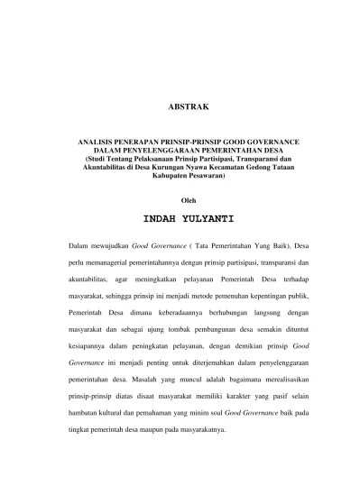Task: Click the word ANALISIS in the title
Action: click(99, 142)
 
